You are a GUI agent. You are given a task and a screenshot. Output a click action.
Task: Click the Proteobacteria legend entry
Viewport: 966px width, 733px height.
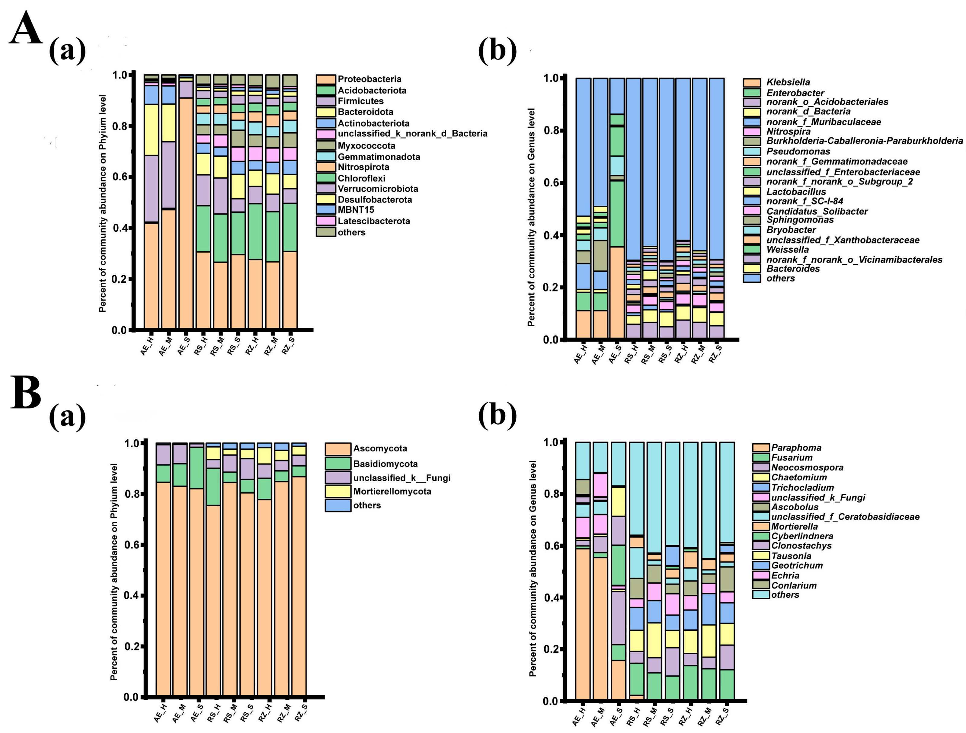click(x=369, y=79)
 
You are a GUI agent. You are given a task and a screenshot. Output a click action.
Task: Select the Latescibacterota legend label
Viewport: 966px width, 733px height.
click(x=373, y=221)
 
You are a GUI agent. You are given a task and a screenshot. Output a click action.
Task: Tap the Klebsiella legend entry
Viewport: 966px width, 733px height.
click(x=788, y=82)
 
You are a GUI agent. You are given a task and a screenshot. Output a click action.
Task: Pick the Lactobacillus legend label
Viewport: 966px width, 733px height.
click(x=796, y=192)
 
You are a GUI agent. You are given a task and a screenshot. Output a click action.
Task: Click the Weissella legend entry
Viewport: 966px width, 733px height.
click(x=787, y=250)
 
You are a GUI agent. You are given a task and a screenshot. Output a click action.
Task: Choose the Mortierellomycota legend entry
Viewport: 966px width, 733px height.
click(x=392, y=491)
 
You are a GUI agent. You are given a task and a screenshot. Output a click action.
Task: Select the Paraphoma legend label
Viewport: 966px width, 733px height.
click(x=796, y=448)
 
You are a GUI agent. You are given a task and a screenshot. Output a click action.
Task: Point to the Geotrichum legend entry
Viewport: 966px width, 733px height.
click(x=797, y=565)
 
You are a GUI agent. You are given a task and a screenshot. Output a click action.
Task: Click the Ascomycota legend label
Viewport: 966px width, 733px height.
click(x=380, y=448)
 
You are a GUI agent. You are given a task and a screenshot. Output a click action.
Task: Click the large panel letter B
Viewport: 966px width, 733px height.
click(x=25, y=393)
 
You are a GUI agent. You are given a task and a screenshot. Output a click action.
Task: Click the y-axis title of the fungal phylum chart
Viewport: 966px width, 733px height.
click(x=114, y=572)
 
